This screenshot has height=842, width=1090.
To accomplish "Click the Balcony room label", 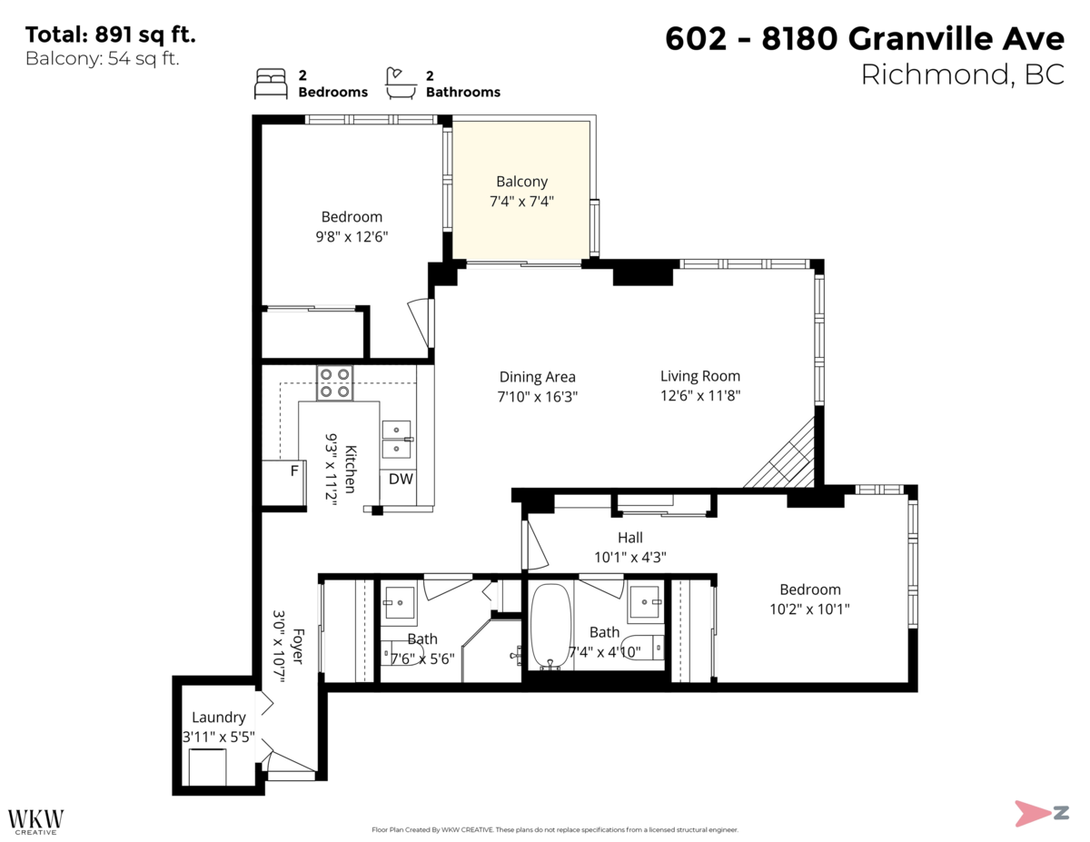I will (x=521, y=182).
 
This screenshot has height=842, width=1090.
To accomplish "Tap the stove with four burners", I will (x=334, y=382).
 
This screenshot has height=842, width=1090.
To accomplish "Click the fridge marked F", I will (x=293, y=471).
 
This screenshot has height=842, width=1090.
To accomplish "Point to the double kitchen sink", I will (x=397, y=440).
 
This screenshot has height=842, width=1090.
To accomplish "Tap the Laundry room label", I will (x=218, y=718).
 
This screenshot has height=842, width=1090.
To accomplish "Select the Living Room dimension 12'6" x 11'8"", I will (x=699, y=396).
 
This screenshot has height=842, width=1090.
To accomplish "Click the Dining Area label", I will (x=537, y=377).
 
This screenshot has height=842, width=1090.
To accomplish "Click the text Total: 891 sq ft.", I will (x=110, y=35).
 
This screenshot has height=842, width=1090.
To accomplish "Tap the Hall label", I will (x=629, y=538).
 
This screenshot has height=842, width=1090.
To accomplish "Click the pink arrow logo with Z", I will (x=1041, y=812).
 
